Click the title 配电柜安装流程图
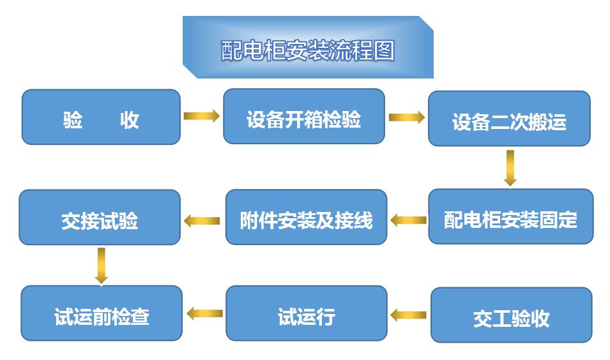coord(308,50)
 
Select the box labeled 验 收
coord(101,117)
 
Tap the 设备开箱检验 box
coord(304,116)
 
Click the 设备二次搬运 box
coord(509,119)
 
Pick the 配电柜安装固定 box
coord(511,216)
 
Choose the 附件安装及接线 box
coord(306,217)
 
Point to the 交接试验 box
coord(100,217)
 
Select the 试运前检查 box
coord(102,313)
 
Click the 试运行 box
coord(307,313)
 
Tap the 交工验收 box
coord(512,315)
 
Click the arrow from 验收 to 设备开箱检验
coord(202,116)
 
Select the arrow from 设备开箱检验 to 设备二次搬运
coord(406,117)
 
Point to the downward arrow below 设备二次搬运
coord(510,168)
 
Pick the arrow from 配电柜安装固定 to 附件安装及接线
coord(408,220)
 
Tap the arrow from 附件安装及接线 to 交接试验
coord(202,221)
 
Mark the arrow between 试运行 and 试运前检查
coord(204,313)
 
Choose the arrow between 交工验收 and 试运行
coord(408,315)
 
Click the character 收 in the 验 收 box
coord(129,120)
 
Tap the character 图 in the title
coord(384,50)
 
